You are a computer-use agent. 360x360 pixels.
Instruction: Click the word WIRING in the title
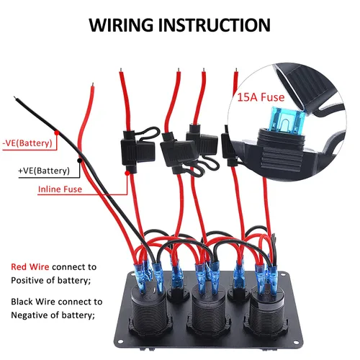point(121,25)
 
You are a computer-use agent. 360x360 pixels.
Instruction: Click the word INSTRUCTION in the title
point(215,25)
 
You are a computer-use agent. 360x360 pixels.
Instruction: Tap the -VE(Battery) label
point(27,143)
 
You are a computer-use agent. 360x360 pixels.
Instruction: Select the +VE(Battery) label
point(44,171)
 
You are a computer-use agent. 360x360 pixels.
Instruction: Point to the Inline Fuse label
point(60,189)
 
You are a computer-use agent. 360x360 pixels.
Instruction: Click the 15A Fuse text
point(261,97)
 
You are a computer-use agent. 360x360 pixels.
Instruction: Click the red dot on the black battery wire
point(57,132)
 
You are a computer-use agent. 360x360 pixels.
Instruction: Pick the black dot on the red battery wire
point(79,161)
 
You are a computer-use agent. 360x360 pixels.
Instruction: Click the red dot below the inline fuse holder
point(127,173)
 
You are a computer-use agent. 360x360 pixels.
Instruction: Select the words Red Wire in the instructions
point(30,266)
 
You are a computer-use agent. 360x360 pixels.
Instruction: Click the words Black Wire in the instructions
point(33,302)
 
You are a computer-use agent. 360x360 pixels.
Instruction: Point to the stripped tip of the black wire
point(15,98)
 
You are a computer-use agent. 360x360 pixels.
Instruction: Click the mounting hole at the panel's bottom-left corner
point(120,341)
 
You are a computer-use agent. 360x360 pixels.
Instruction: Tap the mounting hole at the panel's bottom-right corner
point(297,343)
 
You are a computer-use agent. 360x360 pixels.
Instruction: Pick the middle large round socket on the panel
point(208,310)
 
